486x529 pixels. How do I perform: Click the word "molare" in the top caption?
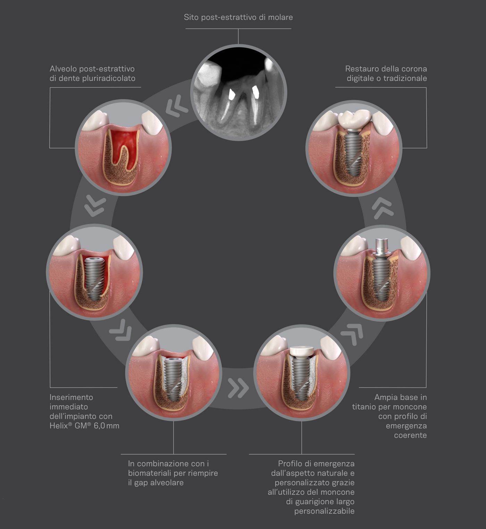pyautogui.click(x=280, y=17)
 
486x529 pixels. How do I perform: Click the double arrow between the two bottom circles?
pyautogui.click(x=238, y=388)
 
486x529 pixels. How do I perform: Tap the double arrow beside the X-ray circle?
pyautogui.click(x=177, y=106)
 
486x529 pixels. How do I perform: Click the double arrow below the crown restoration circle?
pyautogui.click(x=383, y=208)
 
